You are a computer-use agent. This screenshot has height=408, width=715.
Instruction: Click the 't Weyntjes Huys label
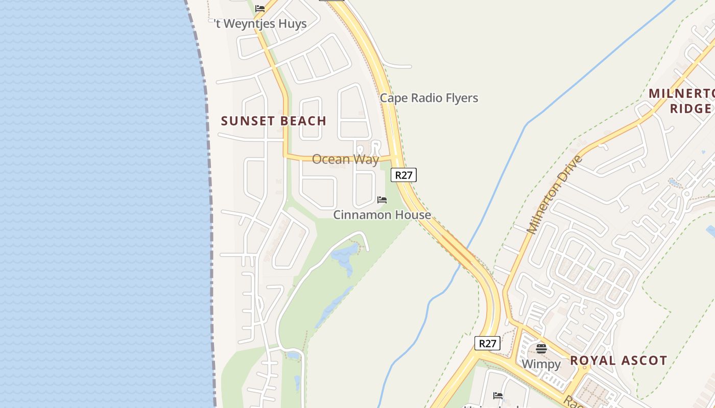tap(260, 24)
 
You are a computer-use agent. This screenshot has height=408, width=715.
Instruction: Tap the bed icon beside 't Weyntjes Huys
tap(260, 9)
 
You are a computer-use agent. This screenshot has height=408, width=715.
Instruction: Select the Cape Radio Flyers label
tap(429, 98)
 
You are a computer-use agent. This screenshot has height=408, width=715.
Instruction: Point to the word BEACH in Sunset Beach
tap(302, 121)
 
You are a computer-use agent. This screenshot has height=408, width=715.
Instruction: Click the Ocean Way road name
tap(345, 159)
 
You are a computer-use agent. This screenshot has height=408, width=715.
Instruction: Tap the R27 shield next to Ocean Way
tap(403, 175)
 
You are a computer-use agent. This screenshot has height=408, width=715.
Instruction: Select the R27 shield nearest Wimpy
tap(487, 343)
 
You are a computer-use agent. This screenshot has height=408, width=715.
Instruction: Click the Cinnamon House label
tap(382, 215)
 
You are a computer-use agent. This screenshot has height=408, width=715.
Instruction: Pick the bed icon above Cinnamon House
tap(382, 200)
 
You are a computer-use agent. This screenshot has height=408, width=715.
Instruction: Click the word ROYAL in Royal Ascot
tap(592, 361)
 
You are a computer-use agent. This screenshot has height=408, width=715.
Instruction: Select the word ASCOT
tap(643, 361)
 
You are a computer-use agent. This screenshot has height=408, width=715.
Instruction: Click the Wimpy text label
tap(541, 364)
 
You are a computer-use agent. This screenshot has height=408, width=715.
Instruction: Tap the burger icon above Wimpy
tap(541, 349)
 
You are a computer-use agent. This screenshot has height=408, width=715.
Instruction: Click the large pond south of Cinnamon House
tap(345, 255)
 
